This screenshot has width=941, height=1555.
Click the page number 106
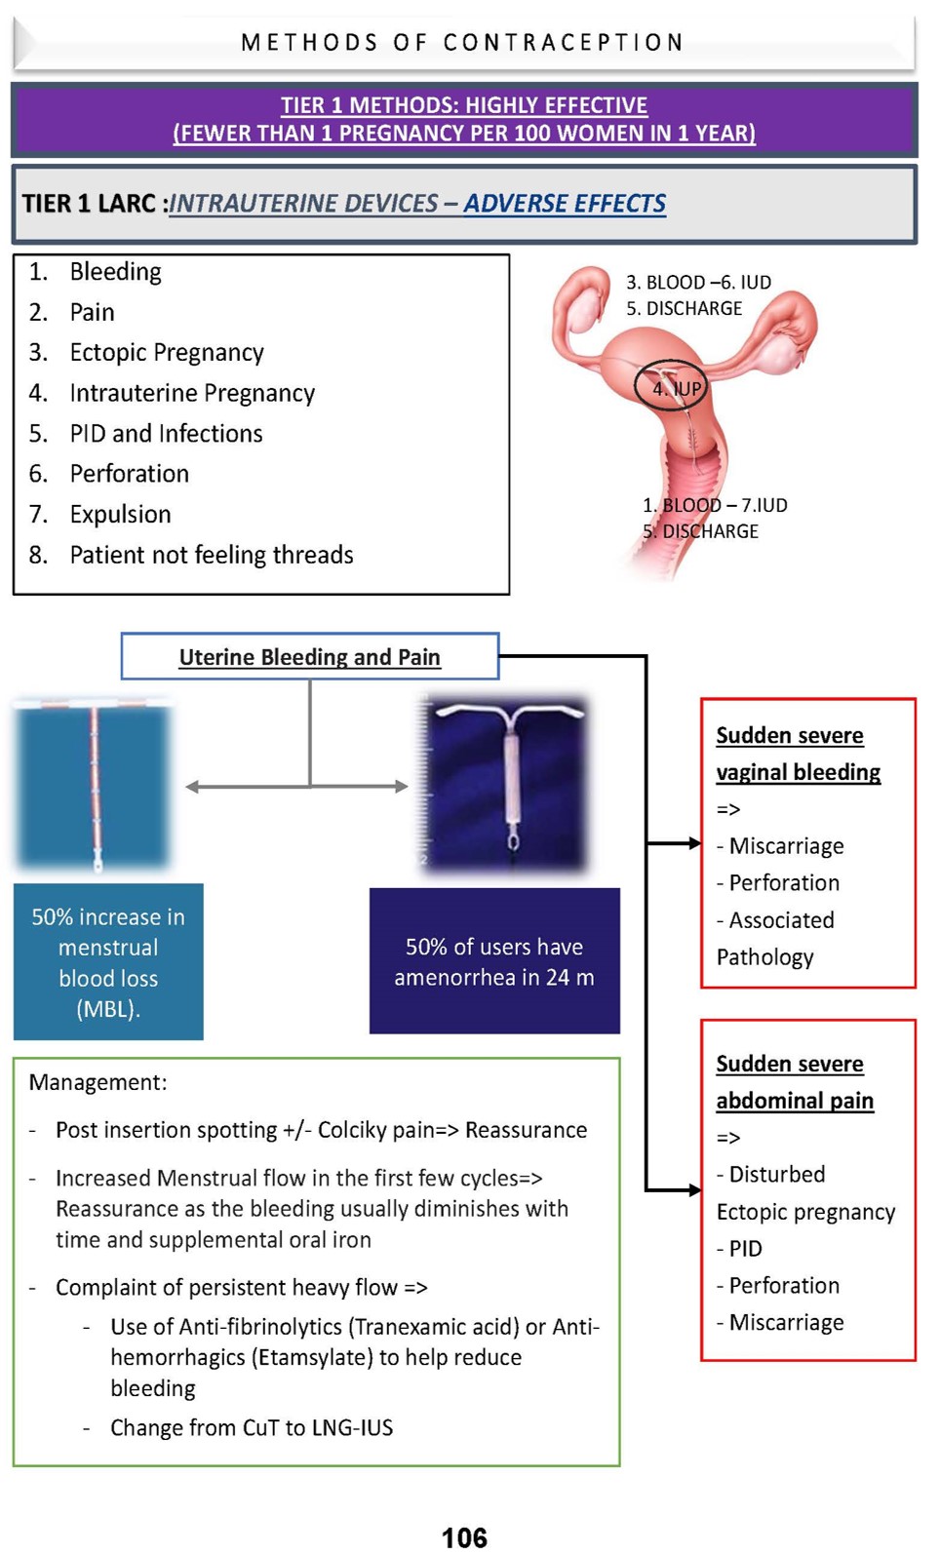464,1537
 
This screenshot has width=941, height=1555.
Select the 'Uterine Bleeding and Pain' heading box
309,656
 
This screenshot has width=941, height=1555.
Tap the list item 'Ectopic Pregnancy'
167,352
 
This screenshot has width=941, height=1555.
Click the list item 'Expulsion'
120,514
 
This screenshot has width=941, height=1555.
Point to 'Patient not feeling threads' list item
212,555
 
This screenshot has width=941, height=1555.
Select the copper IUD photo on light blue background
95,786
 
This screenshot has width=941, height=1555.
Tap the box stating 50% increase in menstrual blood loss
108,961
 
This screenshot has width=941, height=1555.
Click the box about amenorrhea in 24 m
494,961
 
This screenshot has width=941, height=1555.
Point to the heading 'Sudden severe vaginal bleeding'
798,754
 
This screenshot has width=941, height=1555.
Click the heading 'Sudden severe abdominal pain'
794,1082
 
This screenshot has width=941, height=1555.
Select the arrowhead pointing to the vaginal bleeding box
694,843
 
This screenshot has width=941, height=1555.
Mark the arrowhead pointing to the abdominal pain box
694,1189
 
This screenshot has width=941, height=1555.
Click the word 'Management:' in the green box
98,1082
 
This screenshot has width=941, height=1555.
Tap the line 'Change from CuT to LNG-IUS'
252,1427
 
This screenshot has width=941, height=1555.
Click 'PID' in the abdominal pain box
746,1248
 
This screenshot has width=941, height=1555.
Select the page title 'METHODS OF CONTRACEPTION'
463,43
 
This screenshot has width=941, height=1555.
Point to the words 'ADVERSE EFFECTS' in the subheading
565,203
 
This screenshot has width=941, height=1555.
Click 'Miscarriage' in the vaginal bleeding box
786,845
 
